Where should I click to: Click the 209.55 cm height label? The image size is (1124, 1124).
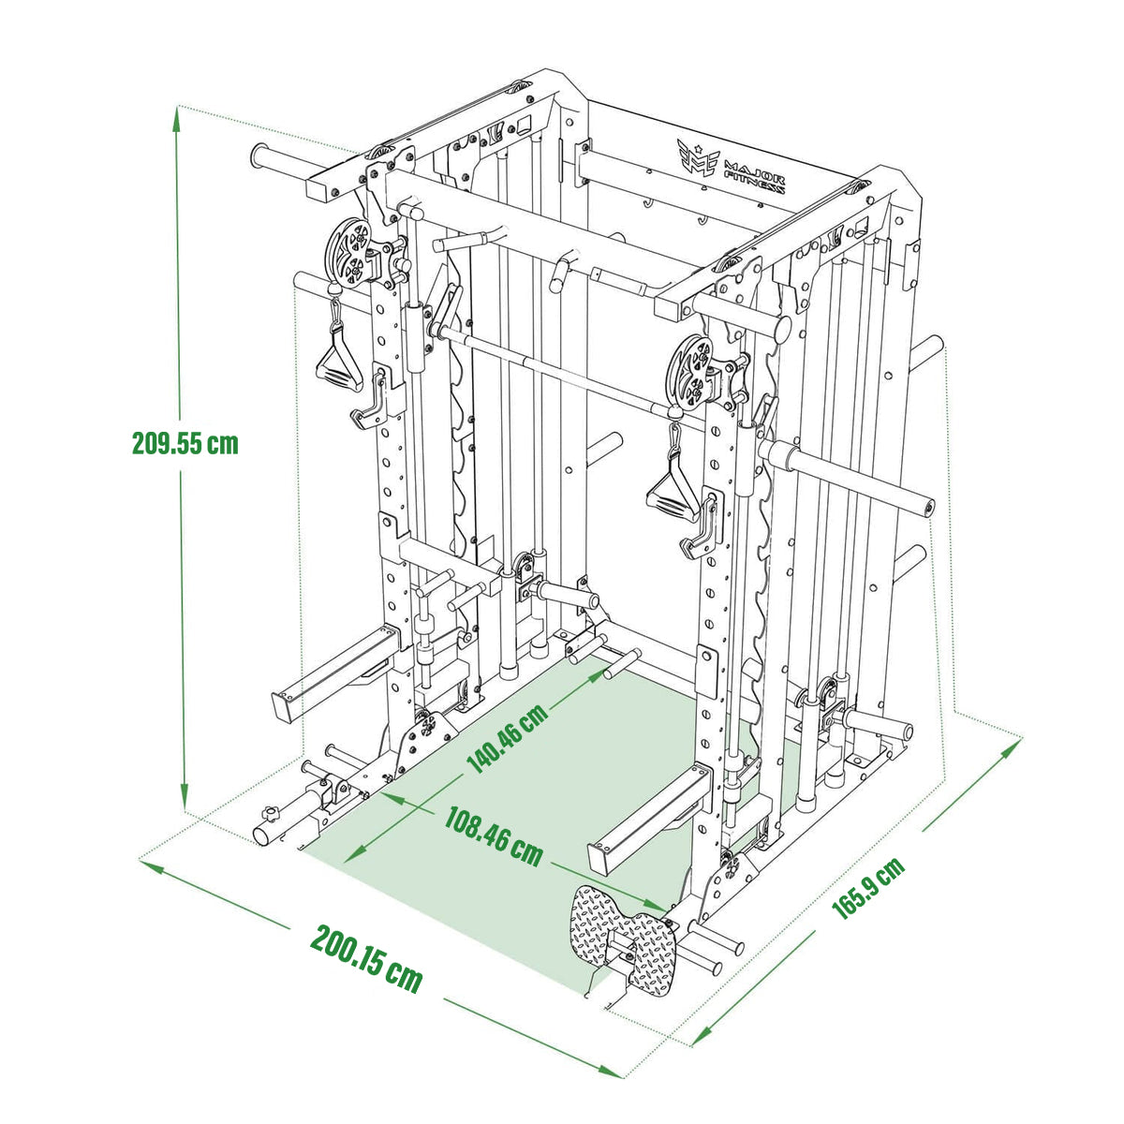click(185, 443)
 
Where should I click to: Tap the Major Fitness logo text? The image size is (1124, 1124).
click(754, 175)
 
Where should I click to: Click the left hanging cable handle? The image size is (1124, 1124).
click(339, 354)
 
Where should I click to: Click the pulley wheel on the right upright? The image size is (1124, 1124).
click(691, 372)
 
